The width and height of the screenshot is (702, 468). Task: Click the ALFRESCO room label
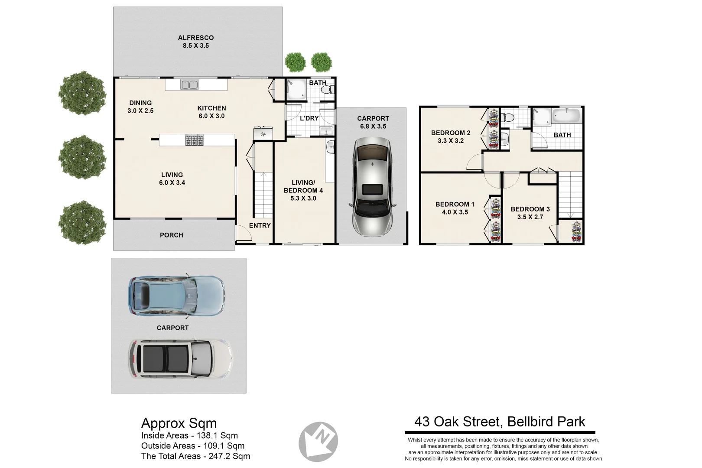pyautogui.click(x=195, y=38)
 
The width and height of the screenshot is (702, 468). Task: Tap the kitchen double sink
pyautogui.click(x=189, y=84)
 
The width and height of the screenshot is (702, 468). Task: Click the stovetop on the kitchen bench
pyautogui.click(x=194, y=140)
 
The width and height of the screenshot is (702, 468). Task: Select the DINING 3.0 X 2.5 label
pyautogui.click(x=140, y=107)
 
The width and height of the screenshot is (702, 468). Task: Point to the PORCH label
pyautogui.click(x=172, y=235)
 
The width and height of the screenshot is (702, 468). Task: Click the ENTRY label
pyautogui.click(x=260, y=225)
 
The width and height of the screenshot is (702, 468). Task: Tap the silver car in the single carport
pyautogui.click(x=372, y=186)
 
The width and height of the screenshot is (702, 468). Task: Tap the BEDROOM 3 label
pyautogui.click(x=530, y=209)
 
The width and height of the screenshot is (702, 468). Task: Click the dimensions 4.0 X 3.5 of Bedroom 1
pyautogui.click(x=455, y=212)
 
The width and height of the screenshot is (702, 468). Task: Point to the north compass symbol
pyautogui.click(x=318, y=442)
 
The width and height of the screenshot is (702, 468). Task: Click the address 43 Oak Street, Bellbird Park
pyautogui.click(x=500, y=422)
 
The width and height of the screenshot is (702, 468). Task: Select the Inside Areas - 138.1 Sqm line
pyautogui.click(x=189, y=435)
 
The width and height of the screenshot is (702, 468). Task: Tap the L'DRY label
pyautogui.click(x=309, y=118)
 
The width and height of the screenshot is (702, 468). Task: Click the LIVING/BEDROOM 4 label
pyautogui.click(x=303, y=186)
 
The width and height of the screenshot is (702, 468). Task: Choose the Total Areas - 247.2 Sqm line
pyautogui.click(x=195, y=456)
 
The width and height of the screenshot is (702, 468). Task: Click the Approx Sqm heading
pyautogui.click(x=179, y=423)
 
